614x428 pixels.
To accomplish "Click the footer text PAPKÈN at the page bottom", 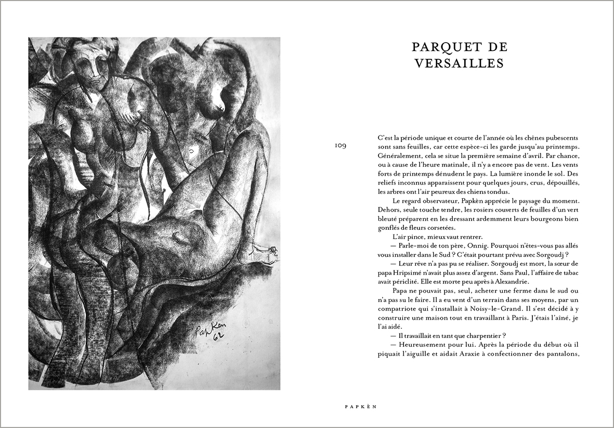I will (360, 407).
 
